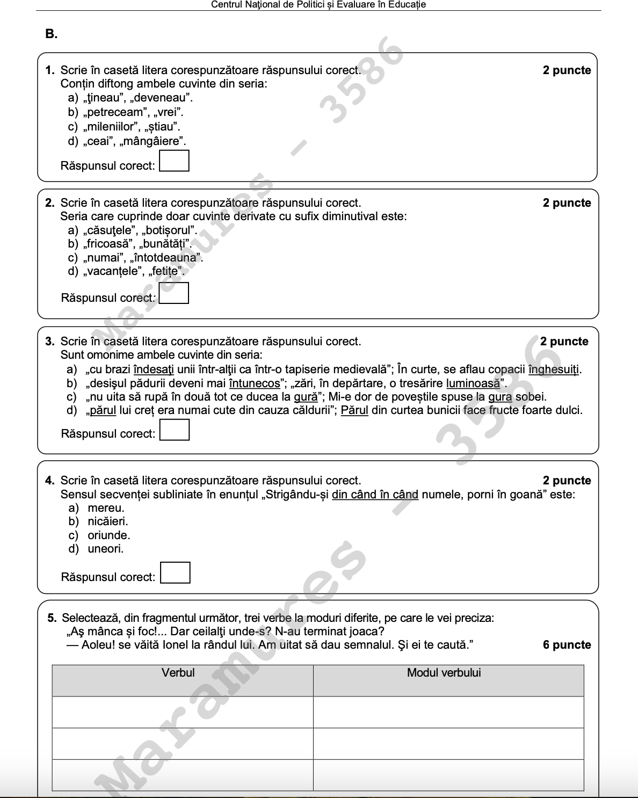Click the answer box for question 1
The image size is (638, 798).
click(175, 161)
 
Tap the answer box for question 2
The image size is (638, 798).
click(174, 293)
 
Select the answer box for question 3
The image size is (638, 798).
click(175, 430)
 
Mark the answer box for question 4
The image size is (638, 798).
click(176, 572)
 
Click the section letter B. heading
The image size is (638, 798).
click(52, 34)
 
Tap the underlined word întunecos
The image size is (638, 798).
click(255, 383)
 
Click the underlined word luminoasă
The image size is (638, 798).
click(473, 383)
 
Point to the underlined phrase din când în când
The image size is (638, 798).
click(375, 494)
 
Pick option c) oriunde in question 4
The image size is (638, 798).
click(108, 535)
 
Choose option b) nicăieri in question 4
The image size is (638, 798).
click(107, 521)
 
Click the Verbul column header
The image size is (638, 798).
click(178, 673)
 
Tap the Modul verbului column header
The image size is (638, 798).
click(444, 673)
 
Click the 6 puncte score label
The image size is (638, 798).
click(567, 645)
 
